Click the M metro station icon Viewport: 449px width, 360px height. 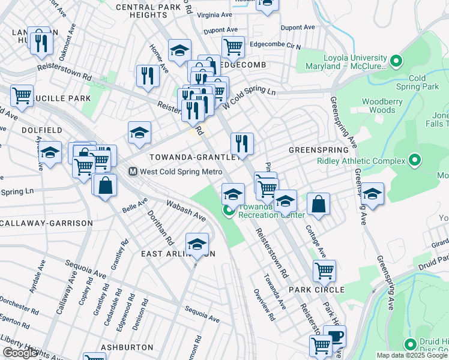(x=133, y=172)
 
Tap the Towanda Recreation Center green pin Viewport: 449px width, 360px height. (x=229, y=211)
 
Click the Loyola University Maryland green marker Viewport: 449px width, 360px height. (x=396, y=61)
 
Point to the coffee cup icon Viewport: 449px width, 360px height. (x=334, y=336)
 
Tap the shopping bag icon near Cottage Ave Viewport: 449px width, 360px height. (x=319, y=203)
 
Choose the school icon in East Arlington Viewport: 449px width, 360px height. (x=197, y=244)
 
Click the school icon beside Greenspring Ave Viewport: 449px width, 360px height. (x=372, y=193)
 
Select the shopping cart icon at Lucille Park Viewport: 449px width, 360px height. (x=22, y=95)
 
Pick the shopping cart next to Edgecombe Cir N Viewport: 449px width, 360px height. (x=233, y=46)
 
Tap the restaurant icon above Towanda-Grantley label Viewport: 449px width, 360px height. (x=242, y=143)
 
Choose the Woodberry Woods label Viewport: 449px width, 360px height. (x=382, y=106)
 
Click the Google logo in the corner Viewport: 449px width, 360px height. (x=20, y=353)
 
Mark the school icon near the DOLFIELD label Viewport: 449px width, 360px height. (x=50, y=151)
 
